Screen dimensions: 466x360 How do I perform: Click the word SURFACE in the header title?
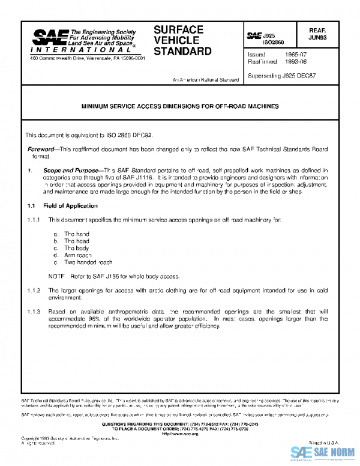[x=178, y=29]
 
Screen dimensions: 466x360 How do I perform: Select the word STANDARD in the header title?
[x=182, y=51]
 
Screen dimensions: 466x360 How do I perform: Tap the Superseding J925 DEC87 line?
[x=282, y=76]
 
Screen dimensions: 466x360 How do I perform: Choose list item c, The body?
[x=71, y=247]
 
